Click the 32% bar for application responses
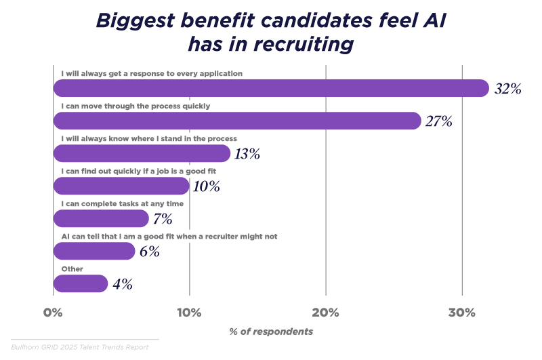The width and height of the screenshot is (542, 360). pyautogui.click(x=271, y=88)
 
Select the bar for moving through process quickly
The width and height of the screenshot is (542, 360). pyautogui.click(x=237, y=121)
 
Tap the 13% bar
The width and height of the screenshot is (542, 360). pyautogui.click(x=142, y=153)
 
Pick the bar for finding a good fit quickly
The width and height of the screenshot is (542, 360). pyautogui.click(x=121, y=186)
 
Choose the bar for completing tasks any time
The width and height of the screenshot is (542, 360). pyautogui.click(x=101, y=218)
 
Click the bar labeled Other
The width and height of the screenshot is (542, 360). pyautogui.click(x=81, y=283)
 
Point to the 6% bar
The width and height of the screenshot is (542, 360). pyautogui.click(x=94, y=251)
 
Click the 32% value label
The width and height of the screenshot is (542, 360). pyautogui.click(x=507, y=89)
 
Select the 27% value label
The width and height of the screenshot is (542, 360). pyautogui.click(x=438, y=122)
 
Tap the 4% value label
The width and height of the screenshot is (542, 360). pyautogui.click(x=123, y=285)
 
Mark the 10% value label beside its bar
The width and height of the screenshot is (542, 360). pyautogui.click(x=205, y=187)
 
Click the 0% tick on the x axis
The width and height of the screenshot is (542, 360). pyautogui.click(x=53, y=313)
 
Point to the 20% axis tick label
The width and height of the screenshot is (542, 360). pyautogui.click(x=325, y=313)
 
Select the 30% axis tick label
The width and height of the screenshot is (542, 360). pyautogui.click(x=461, y=313)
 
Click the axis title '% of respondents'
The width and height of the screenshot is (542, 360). pyautogui.click(x=271, y=332)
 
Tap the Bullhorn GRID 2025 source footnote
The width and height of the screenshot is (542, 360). pyautogui.click(x=79, y=347)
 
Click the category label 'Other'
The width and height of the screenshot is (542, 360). pyautogui.click(x=72, y=268)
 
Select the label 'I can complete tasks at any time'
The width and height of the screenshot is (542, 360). pyautogui.click(x=122, y=203)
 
